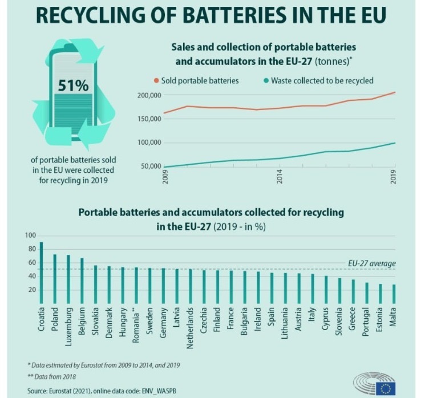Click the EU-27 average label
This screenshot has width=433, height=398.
pyautogui.click(x=371, y=263)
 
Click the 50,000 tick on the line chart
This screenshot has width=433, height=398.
pyautogui.click(x=151, y=166)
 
